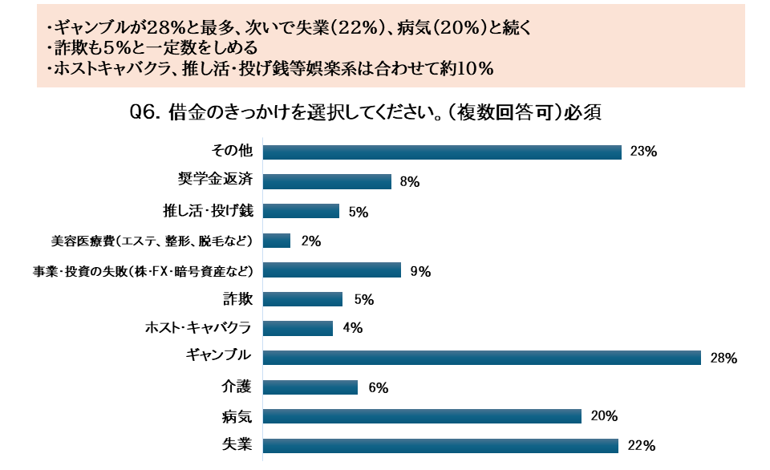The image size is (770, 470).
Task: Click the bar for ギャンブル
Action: pyautogui.click(x=481, y=358)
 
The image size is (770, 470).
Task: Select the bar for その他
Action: pyautogui.click(x=442, y=152)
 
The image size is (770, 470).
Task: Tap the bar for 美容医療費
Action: pyautogui.click(x=277, y=241)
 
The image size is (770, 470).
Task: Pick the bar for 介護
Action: pyautogui.click(x=310, y=387)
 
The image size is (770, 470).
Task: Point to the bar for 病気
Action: pyautogui.click(x=422, y=416)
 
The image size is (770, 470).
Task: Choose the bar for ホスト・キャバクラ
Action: pyautogui.click(x=298, y=328)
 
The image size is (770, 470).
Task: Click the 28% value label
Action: pyautogui.click(x=723, y=359)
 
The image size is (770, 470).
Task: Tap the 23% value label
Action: pyautogui.click(x=644, y=152)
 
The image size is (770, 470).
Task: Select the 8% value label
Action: pyautogui.click(x=410, y=182)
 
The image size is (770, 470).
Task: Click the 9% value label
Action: pyautogui.click(x=420, y=271)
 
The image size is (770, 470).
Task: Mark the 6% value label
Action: pyautogui.click(x=378, y=388)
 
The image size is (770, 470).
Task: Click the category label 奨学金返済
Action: pyautogui.click(x=216, y=180)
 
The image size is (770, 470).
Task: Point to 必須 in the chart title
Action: pyautogui.click(x=583, y=112)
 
